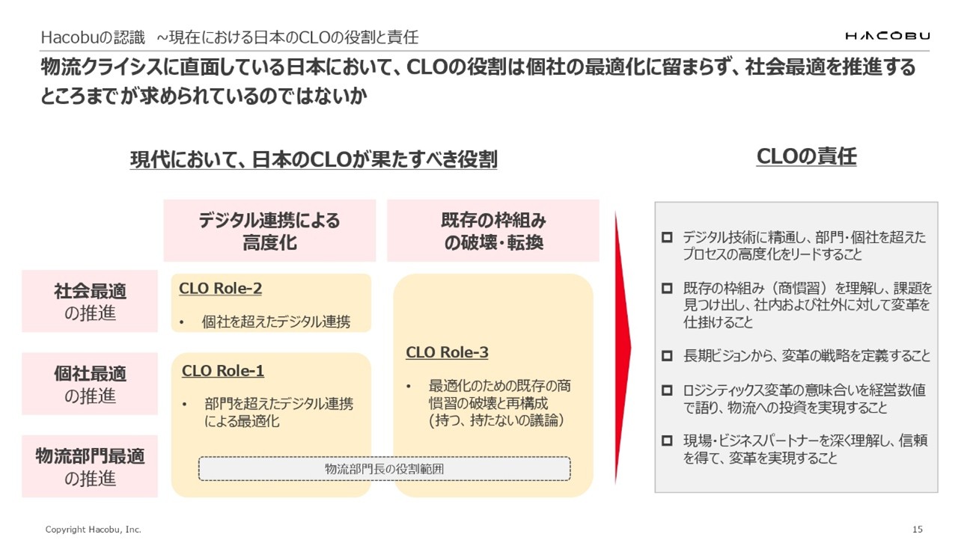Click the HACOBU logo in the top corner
click(x=887, y=36)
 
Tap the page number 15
click(x=918, y=530)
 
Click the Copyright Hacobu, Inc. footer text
click(x=93, y=530)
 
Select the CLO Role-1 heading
click(x=223, y=371)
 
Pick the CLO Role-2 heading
click(x=221, y=289)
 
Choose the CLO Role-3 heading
click(x=447, y=352)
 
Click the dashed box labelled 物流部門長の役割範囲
click(x=384, y=469)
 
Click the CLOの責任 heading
click(x=806, y=157)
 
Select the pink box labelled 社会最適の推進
click(x=90, y=301)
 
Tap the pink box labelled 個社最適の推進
click(x=90, y=384)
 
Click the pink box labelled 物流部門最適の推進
click(x=90, y=466)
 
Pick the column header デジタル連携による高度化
click(x=269, y=231)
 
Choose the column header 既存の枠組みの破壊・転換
click(x=493, y=231)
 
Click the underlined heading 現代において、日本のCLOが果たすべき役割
click(x=314, y=159)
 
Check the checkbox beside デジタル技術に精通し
click(x=668, y=238)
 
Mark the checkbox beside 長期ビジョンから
click(x=668, y=357)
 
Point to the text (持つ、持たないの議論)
click(x=491, y=421)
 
